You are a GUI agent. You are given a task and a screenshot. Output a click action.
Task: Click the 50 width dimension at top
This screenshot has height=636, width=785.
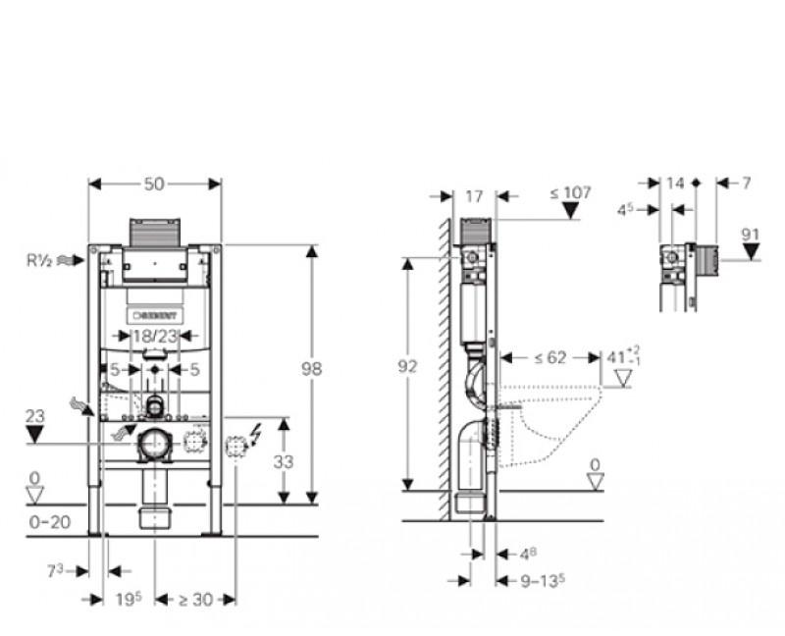(155, 183)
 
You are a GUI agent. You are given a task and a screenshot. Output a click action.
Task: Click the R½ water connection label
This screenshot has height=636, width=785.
(40, 260)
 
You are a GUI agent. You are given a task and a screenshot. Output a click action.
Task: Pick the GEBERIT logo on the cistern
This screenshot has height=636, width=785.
(155, 315)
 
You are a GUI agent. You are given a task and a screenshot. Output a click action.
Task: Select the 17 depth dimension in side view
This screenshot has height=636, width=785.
(474, 195)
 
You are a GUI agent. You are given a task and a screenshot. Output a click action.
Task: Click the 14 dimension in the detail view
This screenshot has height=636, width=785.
(674, 183)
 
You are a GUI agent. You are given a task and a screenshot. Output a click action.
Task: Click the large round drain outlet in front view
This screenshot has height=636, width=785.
(155, 445)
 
